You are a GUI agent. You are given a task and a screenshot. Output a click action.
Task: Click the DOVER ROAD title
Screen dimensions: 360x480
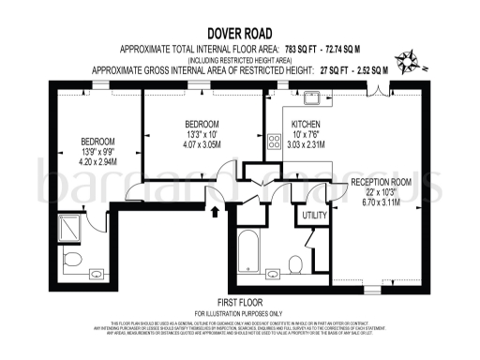(239, 30)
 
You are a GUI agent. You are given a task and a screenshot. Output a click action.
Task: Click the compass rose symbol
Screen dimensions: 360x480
(408, 63)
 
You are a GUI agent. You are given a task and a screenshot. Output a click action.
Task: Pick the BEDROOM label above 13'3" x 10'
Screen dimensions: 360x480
(202, 125)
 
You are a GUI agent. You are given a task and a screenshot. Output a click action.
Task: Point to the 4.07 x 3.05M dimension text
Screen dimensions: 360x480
(202, 145)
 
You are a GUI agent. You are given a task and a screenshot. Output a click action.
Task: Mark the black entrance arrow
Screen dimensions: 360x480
(218, 212)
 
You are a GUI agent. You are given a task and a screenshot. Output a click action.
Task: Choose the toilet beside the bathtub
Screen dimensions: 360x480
(295, 262)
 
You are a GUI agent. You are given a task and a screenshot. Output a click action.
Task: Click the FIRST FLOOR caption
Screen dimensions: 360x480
(238, 302)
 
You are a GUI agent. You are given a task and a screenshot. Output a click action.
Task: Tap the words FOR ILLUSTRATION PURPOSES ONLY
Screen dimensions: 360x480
(238, 312)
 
